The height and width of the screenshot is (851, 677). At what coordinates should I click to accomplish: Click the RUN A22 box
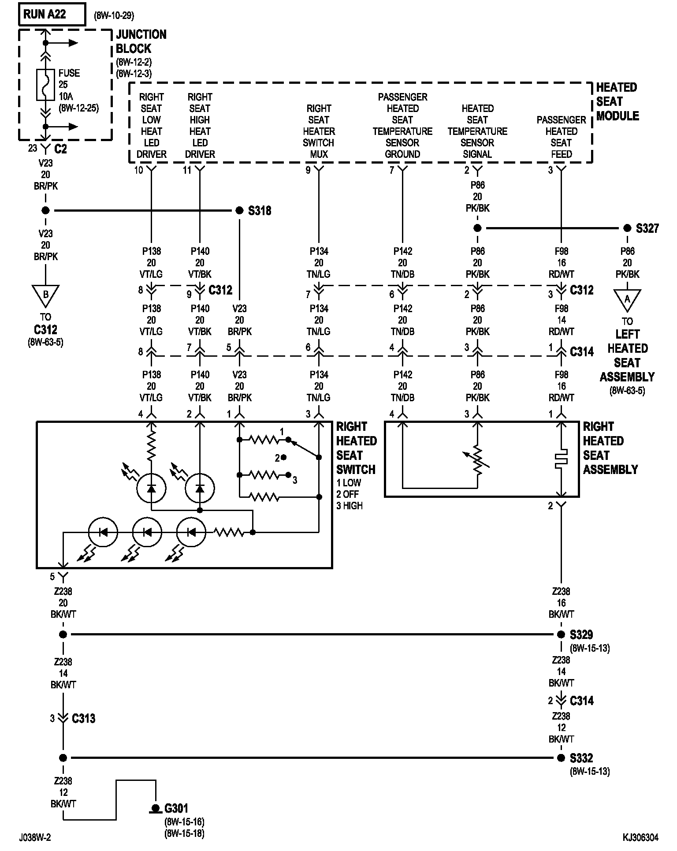pyautogui.click(x=52, y=15)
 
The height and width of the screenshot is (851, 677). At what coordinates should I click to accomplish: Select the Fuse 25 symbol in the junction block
pyautogui.click(x=45, y=85)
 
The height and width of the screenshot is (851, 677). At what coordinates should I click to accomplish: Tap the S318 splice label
pyautogui.click(x=260, y=211)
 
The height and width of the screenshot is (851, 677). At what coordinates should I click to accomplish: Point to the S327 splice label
pyautogui.click(x=647, y=228)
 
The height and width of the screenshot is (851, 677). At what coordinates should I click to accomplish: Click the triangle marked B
pyautogui.click(x=45, y=295)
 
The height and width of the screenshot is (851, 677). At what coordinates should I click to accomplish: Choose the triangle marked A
pyautogui.click(x=627, y=300)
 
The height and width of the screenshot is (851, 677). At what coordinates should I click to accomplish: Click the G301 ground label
pyautogui.click(x=176, y=808)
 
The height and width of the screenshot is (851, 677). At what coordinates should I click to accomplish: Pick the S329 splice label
pyautogui.click(x=581, y=635)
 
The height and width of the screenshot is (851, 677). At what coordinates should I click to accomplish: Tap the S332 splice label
pyautogui.click(x=581, y=758)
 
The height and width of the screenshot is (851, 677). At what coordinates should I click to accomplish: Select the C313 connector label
pyautogui.click(x=83, y=718)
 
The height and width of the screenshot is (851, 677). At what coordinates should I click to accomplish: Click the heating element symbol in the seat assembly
pyautogui.click(x=561, y=459)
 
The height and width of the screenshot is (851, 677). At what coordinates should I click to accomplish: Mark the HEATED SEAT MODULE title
pyautogui.click(x=617, y=102)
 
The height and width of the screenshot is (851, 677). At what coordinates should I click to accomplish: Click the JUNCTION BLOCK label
pyautogui.click(x=141, y=41)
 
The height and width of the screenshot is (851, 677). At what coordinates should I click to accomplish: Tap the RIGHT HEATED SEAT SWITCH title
pyautogui.click(x=356, y=448)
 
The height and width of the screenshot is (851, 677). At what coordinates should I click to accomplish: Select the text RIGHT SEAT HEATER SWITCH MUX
pyautogui.click(x=319, y=131)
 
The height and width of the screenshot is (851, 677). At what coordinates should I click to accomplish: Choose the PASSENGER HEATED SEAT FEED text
pyautogui.click(x=561, y=137)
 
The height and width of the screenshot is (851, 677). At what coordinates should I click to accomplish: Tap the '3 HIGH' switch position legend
pyautogui.click(x=350, y=506)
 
